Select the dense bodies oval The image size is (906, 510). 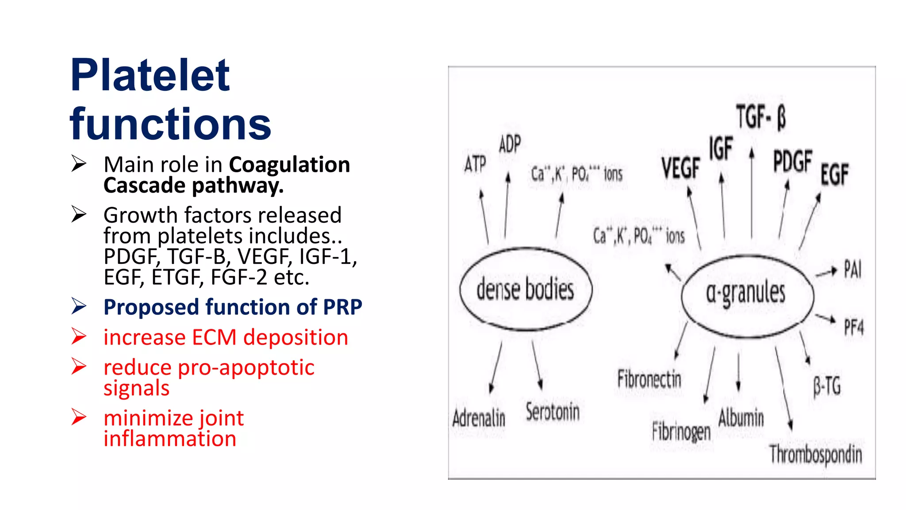point(526,289)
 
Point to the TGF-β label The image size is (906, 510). point(761,117)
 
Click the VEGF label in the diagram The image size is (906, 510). point(680,168)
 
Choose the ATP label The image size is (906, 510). point(475,164)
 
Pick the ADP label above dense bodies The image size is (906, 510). point(510,144)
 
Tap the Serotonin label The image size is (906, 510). point(553,412)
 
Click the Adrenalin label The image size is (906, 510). point(479,418)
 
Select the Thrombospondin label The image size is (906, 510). point(816,454)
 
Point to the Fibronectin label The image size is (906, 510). point(649,379)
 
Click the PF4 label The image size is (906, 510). point(853,328)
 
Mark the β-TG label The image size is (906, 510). point(827,386)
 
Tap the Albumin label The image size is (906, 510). point(741,418)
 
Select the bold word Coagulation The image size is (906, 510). point(289,165)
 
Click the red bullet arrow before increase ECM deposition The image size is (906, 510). point(79,336)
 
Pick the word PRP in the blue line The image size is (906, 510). point(342,307)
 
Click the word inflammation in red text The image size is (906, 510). point(170,439)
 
